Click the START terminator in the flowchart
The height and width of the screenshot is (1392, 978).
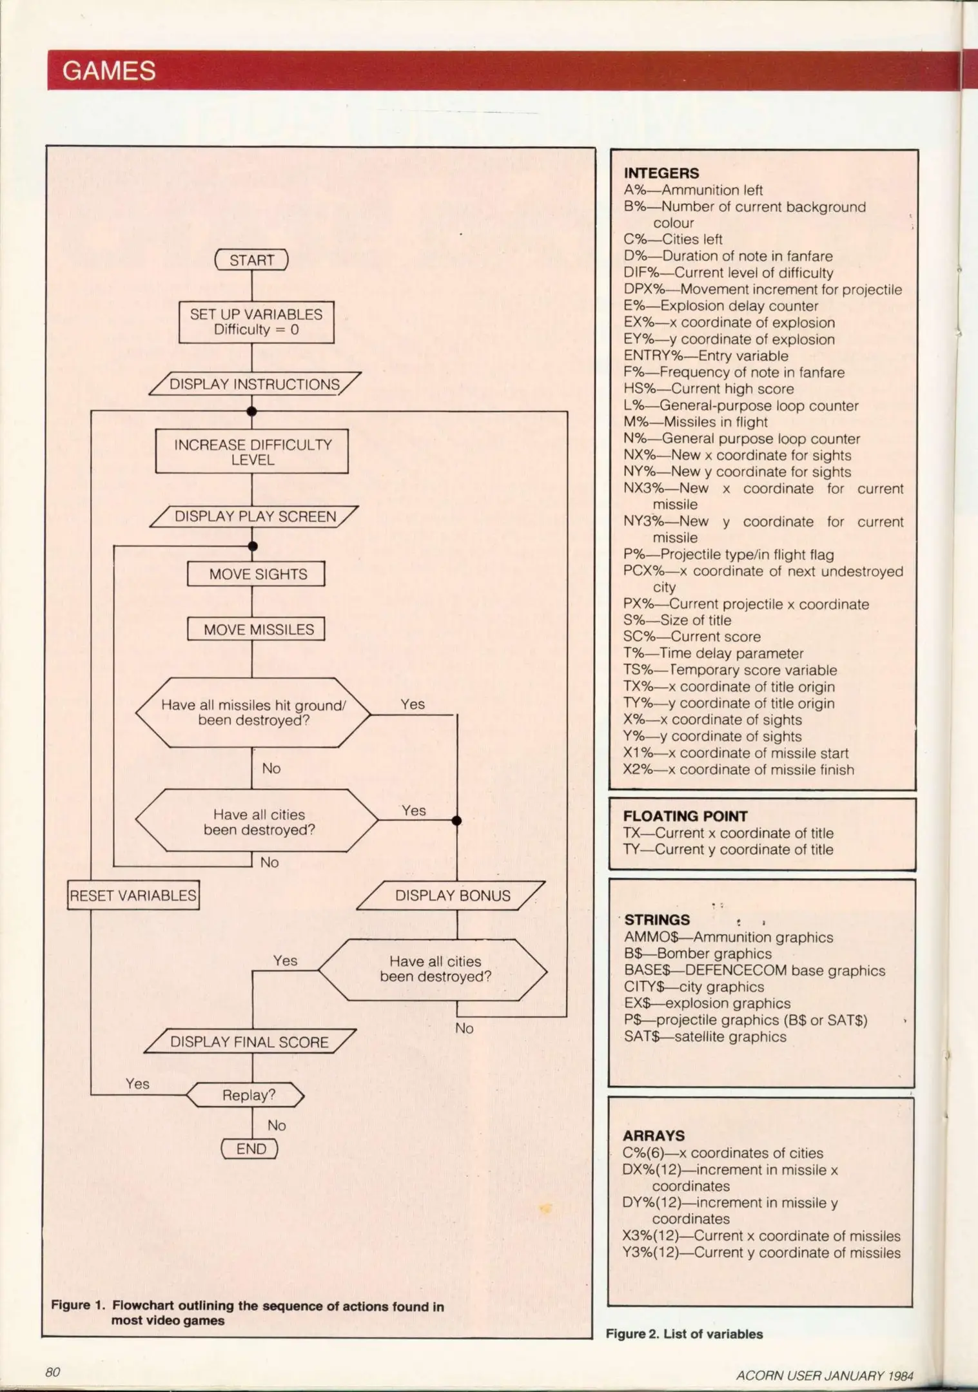coord(251,260)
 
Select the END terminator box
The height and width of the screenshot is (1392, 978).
coord(250,1149)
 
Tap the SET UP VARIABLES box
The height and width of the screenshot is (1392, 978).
coord(256,322)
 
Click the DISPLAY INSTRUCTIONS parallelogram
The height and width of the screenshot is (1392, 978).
coord(254,385)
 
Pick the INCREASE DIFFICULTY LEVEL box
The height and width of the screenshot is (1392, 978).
coord(252,452)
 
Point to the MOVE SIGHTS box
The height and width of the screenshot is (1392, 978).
coord(256,574)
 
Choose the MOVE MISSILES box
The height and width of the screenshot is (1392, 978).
coord(256,630)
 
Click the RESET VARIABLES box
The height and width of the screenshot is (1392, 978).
coord(133,895)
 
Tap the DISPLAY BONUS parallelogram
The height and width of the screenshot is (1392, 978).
coord(451,896)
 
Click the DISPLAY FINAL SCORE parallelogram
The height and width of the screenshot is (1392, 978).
coord(249,1042)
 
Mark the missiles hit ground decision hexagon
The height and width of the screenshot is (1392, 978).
coord(253,713)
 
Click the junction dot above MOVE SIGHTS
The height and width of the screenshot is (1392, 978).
coord(253,546)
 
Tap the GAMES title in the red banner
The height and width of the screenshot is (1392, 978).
coord(109,71)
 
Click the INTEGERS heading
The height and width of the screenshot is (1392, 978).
coord(661,173)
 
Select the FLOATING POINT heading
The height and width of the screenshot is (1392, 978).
coord(685,817)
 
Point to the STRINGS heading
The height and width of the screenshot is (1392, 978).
coord(657,920)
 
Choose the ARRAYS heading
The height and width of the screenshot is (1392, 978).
coord(654,1136)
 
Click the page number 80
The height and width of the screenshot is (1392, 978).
coord(53,1372)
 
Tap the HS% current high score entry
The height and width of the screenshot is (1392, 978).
coord(709,389)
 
